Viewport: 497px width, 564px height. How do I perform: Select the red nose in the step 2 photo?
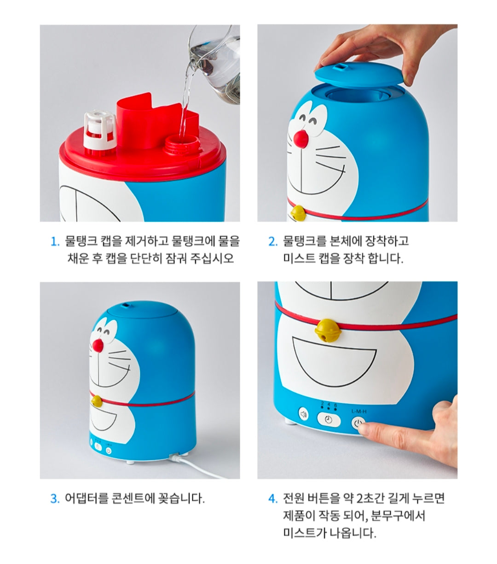click(x=301, y=139)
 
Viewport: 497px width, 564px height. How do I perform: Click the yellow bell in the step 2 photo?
click(x=298, y=212)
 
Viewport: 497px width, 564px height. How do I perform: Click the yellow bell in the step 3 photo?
click(x=97, y=400)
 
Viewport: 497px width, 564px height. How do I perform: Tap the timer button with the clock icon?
click(x=329, y=420)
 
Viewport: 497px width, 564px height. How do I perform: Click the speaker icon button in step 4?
click(x=304, y=414)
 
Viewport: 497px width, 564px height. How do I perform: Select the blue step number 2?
click(x=272, y=241)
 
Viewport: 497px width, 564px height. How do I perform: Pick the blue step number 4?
click(x=272, y=498)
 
